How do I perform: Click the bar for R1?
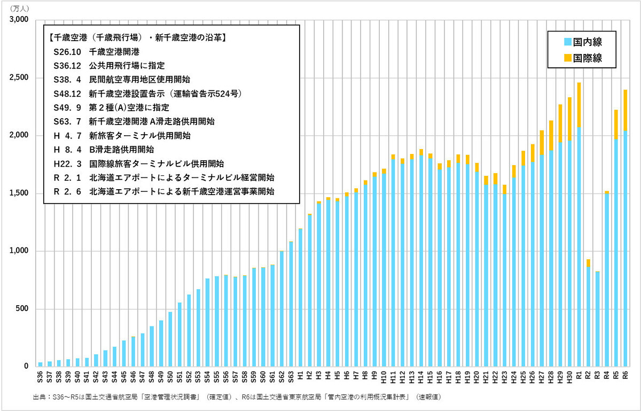pos(579,224)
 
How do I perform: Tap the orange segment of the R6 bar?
pos(625,110)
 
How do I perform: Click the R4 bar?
pos(606,278)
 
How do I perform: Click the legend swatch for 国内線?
pos(567,42)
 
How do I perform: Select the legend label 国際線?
pos(588,58)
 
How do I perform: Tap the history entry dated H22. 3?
pos(139,163)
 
